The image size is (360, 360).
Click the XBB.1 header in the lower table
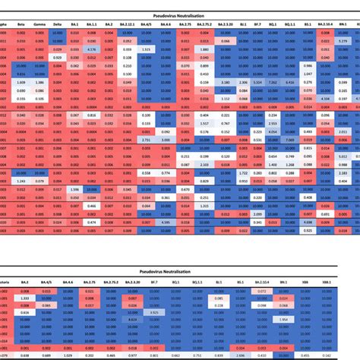pyautogui.click(x=326, y=280)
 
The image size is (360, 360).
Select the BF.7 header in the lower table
pyautogui.click(x=155, y=280)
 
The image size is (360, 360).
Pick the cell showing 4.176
pyautogui.click(x=91, y=49)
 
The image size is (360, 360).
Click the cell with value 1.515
pyautogui.click(x=145, y=49)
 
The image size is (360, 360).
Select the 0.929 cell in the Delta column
pyautogui.click(x=58, y=57)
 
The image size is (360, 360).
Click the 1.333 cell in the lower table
pyautogui.click(x=24, y=298)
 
